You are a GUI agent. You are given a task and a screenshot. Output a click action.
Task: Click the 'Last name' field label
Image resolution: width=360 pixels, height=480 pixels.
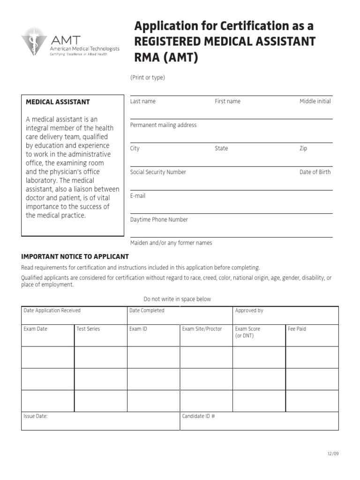[x=142, y=101]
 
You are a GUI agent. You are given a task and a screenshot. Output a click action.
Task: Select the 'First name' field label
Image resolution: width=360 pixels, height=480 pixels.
[x=227, y=101]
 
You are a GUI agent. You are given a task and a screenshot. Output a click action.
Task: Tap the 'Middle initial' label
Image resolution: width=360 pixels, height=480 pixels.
[x=315, y=101]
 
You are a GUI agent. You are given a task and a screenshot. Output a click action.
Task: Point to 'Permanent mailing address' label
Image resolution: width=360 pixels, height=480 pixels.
[x=163, y=125]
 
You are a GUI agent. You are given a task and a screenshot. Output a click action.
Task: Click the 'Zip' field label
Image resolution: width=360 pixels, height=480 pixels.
[x=303, y=149]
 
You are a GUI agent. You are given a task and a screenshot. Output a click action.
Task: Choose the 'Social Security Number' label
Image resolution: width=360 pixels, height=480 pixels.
[x=158, y=172]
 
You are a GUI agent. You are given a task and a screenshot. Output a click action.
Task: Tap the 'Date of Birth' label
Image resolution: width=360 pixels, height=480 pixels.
[x=315, y=172]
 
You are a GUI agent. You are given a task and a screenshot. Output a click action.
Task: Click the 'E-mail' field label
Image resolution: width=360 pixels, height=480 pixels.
[x=138, y=196]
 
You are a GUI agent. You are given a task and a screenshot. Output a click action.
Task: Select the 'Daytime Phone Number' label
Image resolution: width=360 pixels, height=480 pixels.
[x=159, y=219]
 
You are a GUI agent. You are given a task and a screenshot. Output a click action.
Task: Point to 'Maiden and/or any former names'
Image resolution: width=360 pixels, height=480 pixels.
[x=171, y=243]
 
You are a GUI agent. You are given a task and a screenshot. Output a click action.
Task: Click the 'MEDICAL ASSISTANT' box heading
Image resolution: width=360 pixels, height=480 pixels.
[x=58, y=102]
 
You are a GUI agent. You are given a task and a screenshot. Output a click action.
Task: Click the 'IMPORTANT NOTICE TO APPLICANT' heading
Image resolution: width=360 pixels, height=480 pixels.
[x=75, y=257]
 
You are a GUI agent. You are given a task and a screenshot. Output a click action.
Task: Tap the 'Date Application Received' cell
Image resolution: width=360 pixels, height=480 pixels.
[x=52, y=310]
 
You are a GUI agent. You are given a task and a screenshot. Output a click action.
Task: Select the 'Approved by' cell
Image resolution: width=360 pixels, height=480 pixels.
[x=249, y=310]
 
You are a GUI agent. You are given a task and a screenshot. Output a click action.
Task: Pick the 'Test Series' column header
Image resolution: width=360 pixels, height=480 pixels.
[x=88, y=329]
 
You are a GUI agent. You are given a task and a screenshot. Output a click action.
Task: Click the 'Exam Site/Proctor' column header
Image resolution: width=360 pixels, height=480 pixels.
[x=202, y=329]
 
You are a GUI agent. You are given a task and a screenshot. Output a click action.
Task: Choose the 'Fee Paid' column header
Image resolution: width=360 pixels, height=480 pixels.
[x=297, y=329]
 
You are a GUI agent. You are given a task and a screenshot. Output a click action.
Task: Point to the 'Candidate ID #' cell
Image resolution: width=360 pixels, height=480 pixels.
[x=198, y=416]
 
